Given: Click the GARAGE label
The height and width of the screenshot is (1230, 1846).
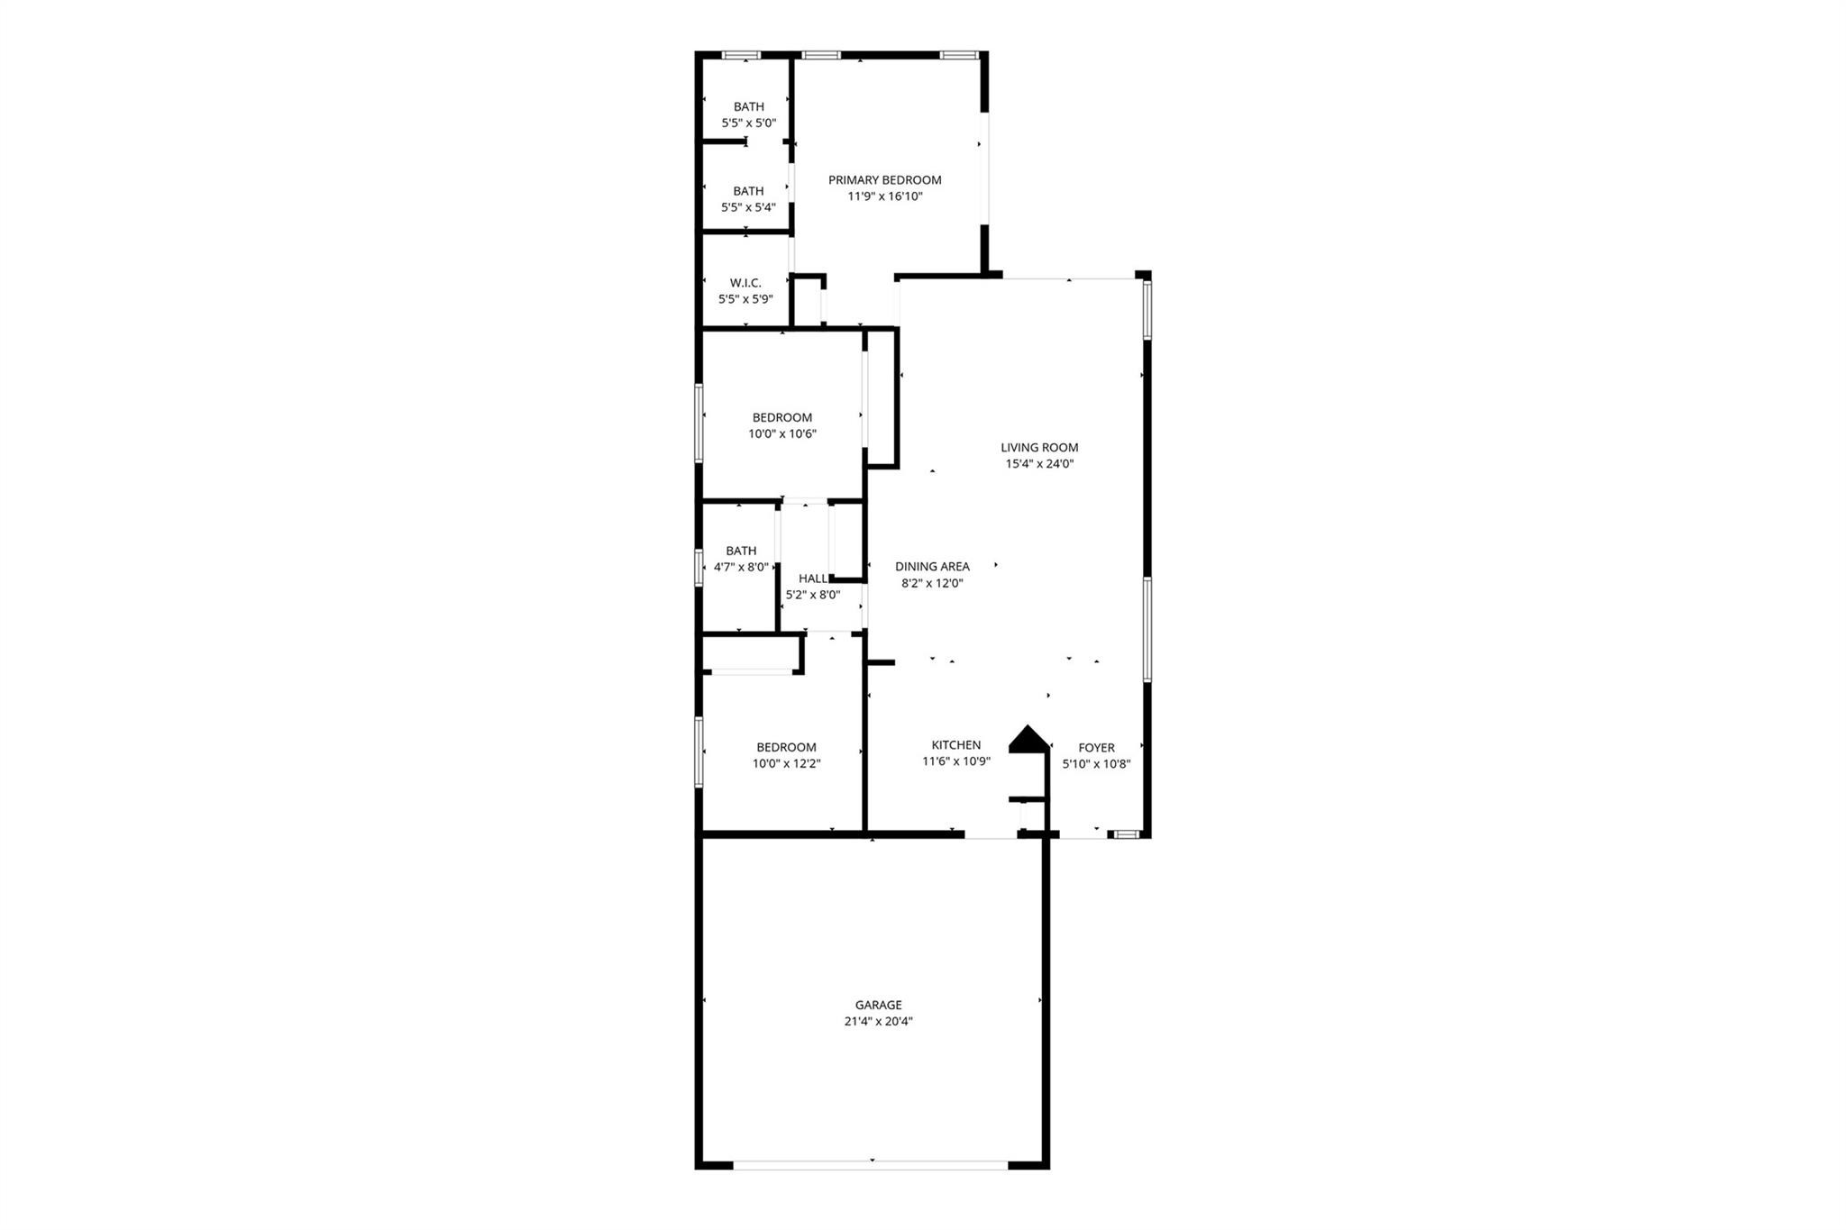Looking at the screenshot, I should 878,1005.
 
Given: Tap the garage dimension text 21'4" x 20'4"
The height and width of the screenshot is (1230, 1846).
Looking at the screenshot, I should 878,1021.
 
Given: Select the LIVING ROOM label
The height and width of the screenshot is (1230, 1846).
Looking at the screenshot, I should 1039,447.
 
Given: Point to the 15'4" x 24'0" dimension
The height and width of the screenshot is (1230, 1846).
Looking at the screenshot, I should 1039,464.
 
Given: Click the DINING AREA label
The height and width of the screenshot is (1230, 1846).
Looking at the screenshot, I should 932,566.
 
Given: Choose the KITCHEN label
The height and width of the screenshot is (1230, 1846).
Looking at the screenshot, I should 955,744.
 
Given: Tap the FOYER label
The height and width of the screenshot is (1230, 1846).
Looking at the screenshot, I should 1096,747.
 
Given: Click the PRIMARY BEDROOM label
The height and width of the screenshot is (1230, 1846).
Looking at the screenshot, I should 884,179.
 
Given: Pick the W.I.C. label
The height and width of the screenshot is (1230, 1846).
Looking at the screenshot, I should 745,283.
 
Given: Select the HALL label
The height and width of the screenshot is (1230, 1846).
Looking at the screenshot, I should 812,579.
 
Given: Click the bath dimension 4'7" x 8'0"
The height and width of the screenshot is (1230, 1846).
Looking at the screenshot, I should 741,567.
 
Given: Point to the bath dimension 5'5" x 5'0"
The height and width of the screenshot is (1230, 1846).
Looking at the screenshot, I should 748,123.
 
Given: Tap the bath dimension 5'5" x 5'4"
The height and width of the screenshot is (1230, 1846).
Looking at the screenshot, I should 748,207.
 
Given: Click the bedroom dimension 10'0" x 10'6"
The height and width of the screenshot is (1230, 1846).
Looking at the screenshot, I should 781,433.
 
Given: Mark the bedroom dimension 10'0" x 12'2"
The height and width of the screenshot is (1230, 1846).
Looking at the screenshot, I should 786,763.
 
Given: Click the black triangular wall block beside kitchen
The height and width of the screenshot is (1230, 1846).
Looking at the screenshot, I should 1028,739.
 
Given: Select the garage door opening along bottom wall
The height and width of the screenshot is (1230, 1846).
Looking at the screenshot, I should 870,1164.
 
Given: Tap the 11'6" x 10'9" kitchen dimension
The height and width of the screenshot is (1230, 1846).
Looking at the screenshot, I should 955,761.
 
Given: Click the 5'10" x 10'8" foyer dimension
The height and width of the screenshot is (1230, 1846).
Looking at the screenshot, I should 1096,763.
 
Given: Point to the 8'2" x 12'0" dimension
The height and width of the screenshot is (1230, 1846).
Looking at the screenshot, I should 932,582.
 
